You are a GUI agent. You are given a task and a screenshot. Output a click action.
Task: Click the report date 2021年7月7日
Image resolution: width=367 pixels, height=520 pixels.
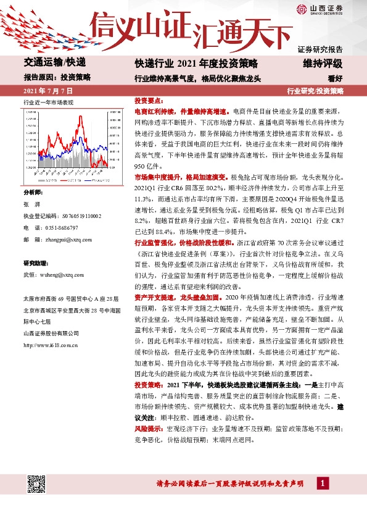(44, 91)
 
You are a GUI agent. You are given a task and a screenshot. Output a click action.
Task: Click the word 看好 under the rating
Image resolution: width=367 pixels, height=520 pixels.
(336, 78)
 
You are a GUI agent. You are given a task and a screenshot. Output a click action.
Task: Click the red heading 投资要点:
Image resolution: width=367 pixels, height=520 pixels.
(149, 101)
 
